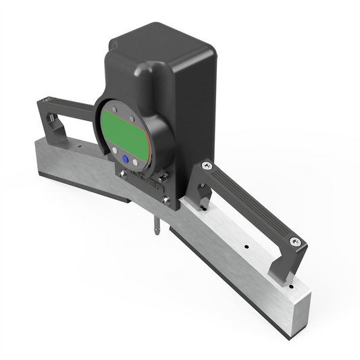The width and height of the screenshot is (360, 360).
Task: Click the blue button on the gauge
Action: tap(125, 159)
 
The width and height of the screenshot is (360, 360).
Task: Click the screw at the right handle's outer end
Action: tap(294, 241)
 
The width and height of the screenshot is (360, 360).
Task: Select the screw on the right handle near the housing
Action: tap(206, 164)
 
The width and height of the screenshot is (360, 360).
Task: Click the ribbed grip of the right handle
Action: tap(250, 203)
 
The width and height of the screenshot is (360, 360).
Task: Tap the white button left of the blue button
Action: tap(113, 152)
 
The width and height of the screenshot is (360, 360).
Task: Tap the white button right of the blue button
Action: tap(136, 162)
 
